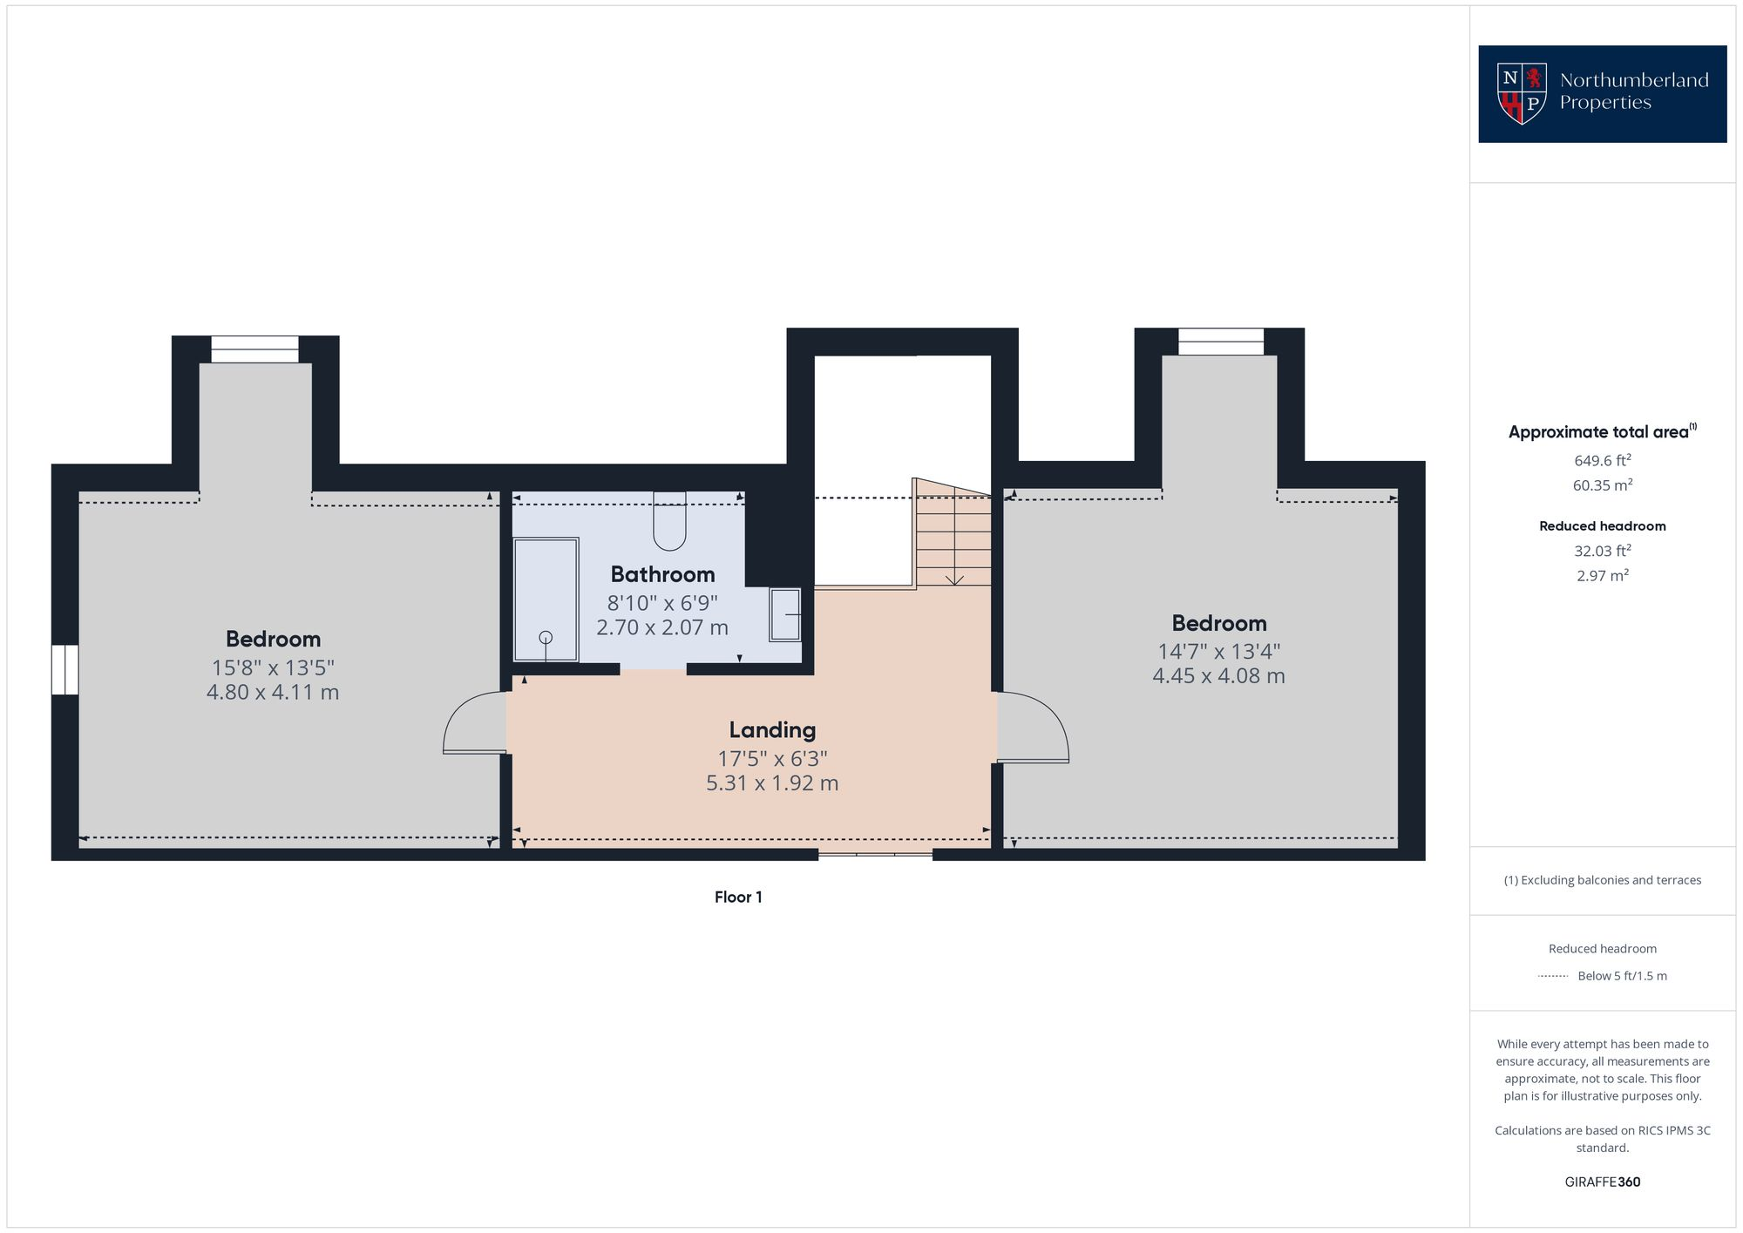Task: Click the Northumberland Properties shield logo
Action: pos(1522,93)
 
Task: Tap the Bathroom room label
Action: pos(662,574)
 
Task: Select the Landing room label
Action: pos(772,730)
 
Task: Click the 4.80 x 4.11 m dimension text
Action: pos(273,693)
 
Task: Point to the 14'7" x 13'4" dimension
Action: pos(1218,651)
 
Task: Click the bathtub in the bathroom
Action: pos(546,600)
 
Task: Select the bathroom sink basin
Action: pos(785,615)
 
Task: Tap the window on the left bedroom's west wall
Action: pos(64,669)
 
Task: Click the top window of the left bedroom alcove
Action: pos(254,349)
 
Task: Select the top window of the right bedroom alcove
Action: pos(1220,342)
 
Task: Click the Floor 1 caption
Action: pos(738,898)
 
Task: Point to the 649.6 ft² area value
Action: pos(1602,460)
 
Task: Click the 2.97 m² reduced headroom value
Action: pos(1602,576)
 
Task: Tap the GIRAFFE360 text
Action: pos(1602,1182)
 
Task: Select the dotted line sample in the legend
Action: pos(1553,976)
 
